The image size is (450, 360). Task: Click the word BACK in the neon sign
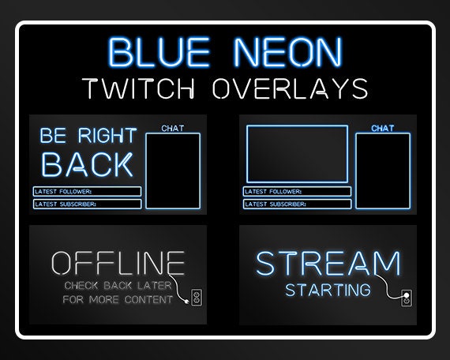click(x=87, y=165)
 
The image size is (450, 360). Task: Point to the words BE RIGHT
click(x=87, y=136)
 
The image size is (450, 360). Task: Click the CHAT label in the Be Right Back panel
click(x=173, y=127)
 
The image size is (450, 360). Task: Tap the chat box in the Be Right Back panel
click(x=173, y=171)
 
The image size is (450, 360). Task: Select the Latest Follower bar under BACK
click(x=87, y=191)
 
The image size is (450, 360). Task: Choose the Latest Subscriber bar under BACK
click(x=87, y=204)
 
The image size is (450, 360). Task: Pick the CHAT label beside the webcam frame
click(x=383, y=128)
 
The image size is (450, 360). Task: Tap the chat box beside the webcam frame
click(x=383, y=171)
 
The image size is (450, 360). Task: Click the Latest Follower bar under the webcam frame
click(x=297, y=191)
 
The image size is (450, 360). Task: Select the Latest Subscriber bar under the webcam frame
click(x=297, y=204)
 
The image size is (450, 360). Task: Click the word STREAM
click(x=328, y=263)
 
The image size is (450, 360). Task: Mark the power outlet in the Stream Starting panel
click(x=406, y=298)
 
